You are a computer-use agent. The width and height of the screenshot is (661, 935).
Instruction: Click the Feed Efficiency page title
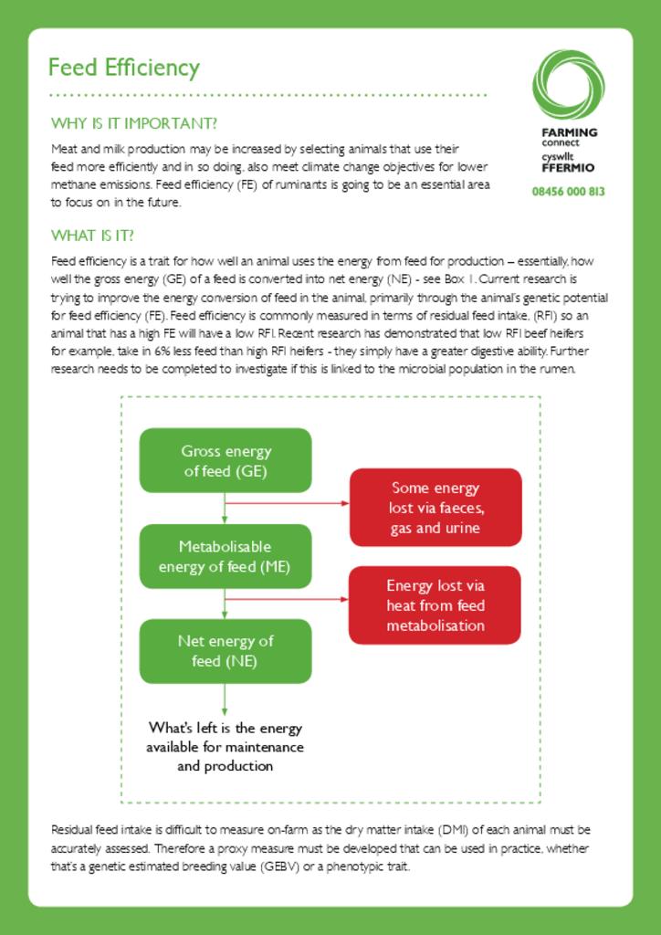pyautogui.click(x=123, y=68)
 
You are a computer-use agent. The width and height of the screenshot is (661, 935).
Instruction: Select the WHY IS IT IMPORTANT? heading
pyautogui.click(x=133, y=123)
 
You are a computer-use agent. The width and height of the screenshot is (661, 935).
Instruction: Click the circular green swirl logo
pyautogui.click(x=568, y=84)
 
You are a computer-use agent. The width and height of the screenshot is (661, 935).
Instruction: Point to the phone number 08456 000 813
pyautogui.click(x=568, y=192)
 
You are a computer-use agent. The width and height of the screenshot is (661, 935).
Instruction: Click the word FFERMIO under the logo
pyautogui.click(x=568, y=168)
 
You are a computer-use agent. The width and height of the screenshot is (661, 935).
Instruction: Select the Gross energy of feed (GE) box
pyautogui.click(x=226, y=461)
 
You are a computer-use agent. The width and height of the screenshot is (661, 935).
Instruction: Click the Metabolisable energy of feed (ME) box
pyautogui.click(x=226, y=556)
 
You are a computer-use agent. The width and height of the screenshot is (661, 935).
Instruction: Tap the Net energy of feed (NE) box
pyautogui.click(x=226, y=651)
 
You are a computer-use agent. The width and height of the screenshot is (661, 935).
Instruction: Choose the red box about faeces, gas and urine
pyautogui.click(x=435, y=508)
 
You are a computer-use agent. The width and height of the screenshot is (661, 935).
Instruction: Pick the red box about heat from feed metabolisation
pyautogui.click(x=435, y=605)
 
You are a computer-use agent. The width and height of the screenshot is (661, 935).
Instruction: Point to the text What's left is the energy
pyautogui.click(x=226, y=729)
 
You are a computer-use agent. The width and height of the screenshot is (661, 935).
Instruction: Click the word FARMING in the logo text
pyautogui.click(x=569, y=132)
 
